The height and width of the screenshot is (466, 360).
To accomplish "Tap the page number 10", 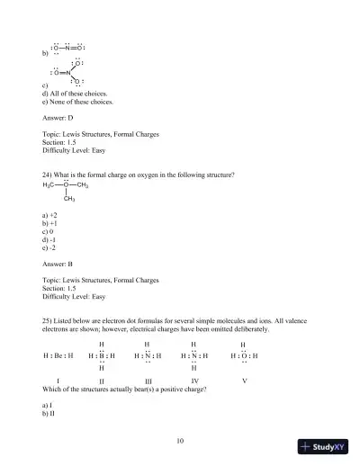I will (x=180, y=440).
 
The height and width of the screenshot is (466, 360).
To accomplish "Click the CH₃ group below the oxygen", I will (x=68, y=199).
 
